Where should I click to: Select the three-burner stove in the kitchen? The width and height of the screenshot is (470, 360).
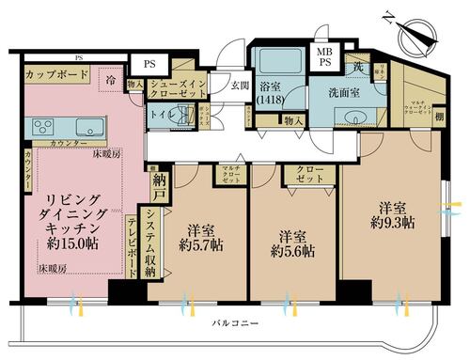tap(42, 127)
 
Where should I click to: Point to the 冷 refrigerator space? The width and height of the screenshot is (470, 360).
tap(111, 82)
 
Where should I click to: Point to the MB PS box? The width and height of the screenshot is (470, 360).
tap(323, 56)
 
